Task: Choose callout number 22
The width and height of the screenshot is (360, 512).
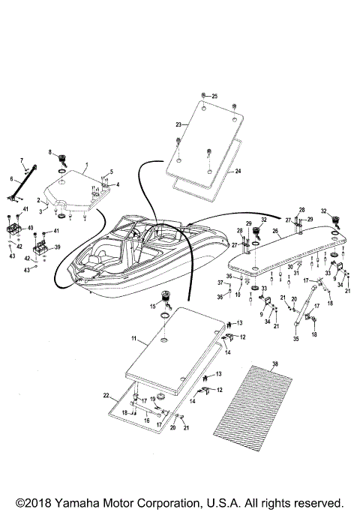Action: coord(106,395)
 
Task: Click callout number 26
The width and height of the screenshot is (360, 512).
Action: coord(275,232)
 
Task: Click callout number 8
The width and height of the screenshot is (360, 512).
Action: coord(50,153)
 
